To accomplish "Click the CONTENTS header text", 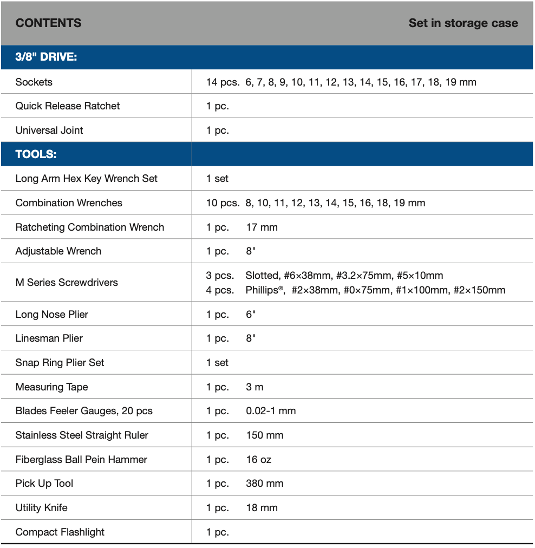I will tap(48, 23).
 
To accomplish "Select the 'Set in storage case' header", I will tap(463, 23).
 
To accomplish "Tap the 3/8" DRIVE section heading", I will tap(46, 57).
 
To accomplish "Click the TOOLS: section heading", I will tap(36, 154).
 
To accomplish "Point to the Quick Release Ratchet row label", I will tap(68, 106).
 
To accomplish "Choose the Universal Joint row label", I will tap(49, 131).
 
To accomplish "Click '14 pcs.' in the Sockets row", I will tap(222, 82).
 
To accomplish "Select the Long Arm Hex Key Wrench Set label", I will tap(87, 179).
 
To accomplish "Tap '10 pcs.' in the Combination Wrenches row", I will tap(222, 203).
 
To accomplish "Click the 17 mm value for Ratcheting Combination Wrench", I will tap(262, 227).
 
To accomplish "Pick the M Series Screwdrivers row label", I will tap(67, 283).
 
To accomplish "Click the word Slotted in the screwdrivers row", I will tap(262, 276).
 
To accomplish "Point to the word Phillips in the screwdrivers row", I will tap(264, 290).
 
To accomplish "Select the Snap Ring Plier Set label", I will tap(60, 363).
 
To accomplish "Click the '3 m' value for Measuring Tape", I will tap(255, 387).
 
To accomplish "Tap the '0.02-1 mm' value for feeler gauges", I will tap(271, 411).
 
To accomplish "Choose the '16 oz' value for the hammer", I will tap(258, 460).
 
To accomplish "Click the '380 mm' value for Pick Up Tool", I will tap(264, 484).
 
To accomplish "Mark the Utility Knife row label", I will tap(42, 508).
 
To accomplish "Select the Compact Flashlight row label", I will tap(60, 532).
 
